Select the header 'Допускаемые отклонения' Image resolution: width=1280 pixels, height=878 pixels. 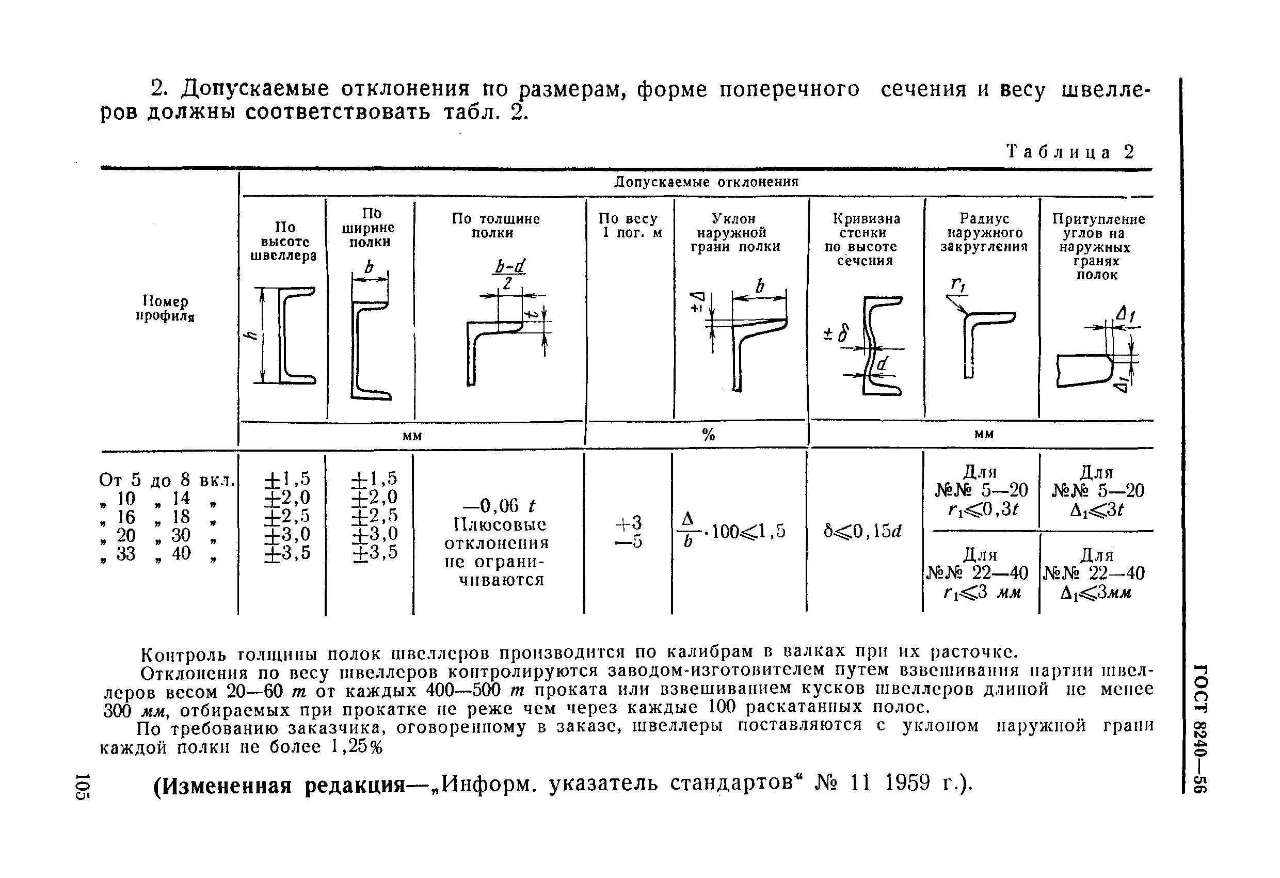706,182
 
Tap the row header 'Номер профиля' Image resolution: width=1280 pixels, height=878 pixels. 165,309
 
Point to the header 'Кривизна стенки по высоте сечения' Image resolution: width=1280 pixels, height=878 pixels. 866,240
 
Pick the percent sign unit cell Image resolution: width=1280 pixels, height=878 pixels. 708,436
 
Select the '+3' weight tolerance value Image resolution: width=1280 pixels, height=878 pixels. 629,522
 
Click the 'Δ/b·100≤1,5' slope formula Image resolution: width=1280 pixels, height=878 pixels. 732,531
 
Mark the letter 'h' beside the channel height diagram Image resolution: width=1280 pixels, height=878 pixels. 252,336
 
